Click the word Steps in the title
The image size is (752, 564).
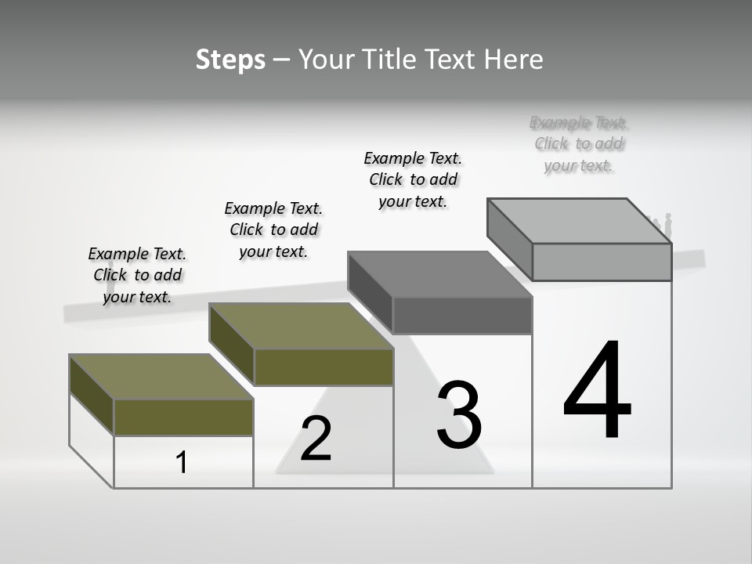(230, 60)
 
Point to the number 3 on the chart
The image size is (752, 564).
(459, 415)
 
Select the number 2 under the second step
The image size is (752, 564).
(316, 439)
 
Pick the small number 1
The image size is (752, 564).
(182, 462)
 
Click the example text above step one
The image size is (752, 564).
(137, 275)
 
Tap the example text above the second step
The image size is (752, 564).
(273, 230)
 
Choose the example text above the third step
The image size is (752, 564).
(413, 179)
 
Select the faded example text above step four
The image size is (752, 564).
(579, 143)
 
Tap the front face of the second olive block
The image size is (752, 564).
(324, 367)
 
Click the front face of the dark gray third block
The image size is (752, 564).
(462, 316)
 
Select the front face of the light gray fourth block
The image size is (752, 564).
(602, 262)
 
